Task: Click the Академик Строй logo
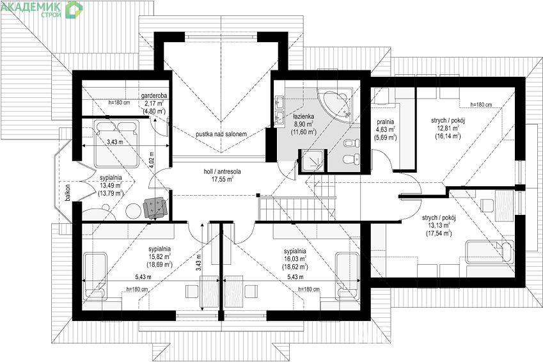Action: (x=42, y=9)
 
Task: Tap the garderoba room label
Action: (x=154, y=95)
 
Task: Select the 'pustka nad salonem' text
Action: (x=221, y=134)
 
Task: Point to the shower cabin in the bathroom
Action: (x=313, y=161)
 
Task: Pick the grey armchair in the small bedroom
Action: (x=155, y=208)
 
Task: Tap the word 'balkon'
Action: (x=68, y=193)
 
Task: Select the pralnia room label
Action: (x=386, y=122)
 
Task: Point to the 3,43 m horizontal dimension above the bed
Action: (x=114, y=142)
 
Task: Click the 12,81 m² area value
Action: (x=448, y=129)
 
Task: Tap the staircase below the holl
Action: (x=297, y=207)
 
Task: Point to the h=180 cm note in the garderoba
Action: (x=119, y=102)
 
